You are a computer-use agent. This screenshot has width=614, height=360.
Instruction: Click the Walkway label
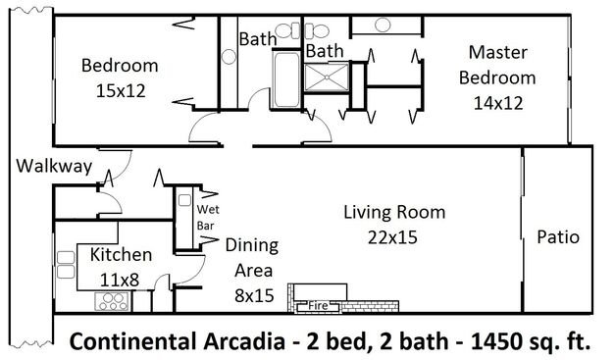[54, 166]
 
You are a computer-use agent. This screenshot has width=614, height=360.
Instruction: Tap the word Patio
[558, 237]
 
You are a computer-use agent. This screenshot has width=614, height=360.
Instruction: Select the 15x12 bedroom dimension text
[121, 91]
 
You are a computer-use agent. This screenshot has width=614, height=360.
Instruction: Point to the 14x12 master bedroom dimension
[498, 103]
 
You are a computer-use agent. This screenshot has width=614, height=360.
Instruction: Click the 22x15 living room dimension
[392, 237]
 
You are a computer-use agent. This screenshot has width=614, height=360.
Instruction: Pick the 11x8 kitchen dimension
[120, 281]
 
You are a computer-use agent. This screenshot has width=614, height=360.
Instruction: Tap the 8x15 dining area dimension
[254, 295]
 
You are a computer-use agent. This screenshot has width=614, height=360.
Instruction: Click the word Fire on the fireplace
[318, 305]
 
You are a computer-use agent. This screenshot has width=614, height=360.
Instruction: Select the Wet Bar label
[208, 218]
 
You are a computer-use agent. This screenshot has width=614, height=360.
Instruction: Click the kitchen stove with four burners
[112, 301]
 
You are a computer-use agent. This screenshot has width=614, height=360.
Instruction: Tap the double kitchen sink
[66, 265]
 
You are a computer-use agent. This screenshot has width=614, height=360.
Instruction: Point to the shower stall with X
[327, 77]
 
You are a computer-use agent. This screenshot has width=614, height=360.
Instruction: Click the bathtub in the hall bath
[287, 79]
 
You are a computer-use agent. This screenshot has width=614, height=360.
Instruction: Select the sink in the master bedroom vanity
[383, 26]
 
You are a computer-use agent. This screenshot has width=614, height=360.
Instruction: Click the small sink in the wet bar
[184, 200]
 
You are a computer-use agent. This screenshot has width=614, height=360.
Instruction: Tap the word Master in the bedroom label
[498, 53]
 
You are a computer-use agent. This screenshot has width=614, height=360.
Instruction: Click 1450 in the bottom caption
[494, 341]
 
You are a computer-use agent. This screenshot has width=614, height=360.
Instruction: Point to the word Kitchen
[121, 255]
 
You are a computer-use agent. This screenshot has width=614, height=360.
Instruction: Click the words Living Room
[394, 212]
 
